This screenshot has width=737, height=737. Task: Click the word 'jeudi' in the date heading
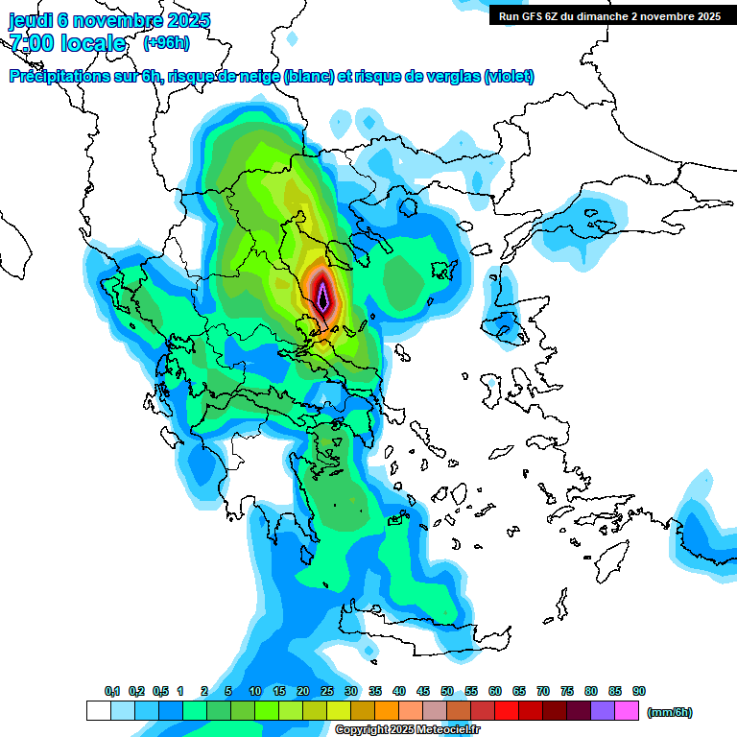pos(31,20)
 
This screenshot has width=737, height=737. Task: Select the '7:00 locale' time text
pos(68,43)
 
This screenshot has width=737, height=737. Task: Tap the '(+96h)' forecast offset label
pos(166,43)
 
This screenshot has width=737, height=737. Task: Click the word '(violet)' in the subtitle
pos(510,77)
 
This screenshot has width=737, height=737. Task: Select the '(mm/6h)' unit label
pos(669,712)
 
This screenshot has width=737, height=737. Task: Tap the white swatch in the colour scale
pos(98,711)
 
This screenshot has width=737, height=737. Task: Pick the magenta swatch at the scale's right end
pos(627,711)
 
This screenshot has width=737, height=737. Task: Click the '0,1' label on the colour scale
pos(111,692)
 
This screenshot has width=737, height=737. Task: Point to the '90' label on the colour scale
pos(639,692)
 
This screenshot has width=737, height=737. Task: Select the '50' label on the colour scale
pos(447,692)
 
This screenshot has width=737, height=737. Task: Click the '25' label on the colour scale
pos(327,692)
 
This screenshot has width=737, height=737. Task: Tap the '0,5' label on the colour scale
pos(159,692)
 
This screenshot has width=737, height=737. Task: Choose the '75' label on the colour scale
pos(567,692)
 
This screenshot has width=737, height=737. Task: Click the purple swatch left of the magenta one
pos(603,711)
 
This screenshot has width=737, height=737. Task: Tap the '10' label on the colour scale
pos(255,692)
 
